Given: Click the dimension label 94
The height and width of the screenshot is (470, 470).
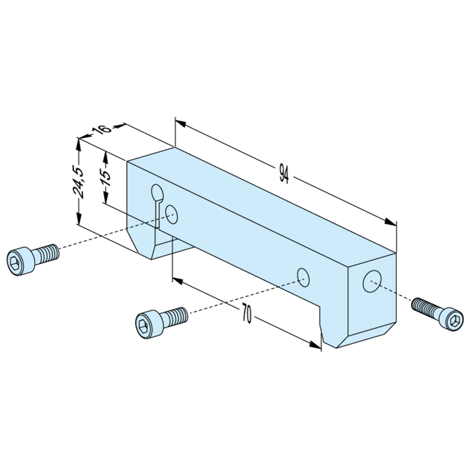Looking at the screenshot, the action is [284, 173].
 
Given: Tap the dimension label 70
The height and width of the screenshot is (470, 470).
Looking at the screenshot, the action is [246, 314].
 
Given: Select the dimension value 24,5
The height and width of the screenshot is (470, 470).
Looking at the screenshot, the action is [78, 182].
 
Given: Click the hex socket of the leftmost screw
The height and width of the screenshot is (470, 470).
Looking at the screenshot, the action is [15, 262].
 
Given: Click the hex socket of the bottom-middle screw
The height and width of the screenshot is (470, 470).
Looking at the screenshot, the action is [143, 325].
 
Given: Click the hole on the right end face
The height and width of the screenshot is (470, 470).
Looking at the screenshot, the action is [372, 281].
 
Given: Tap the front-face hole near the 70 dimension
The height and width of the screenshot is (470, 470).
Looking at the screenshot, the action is [303, 278].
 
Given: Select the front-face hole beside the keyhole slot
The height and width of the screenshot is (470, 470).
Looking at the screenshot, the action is [171, 214].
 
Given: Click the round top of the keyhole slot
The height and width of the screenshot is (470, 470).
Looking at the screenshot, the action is [157, 193].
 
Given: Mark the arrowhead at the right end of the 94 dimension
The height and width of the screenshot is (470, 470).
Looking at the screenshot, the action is [391, 222].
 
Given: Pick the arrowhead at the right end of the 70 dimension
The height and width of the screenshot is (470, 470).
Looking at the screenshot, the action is [316, 345].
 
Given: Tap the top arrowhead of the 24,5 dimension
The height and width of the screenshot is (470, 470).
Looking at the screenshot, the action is [78, 144].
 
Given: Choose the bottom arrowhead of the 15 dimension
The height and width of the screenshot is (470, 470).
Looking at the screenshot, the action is [106, 198].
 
